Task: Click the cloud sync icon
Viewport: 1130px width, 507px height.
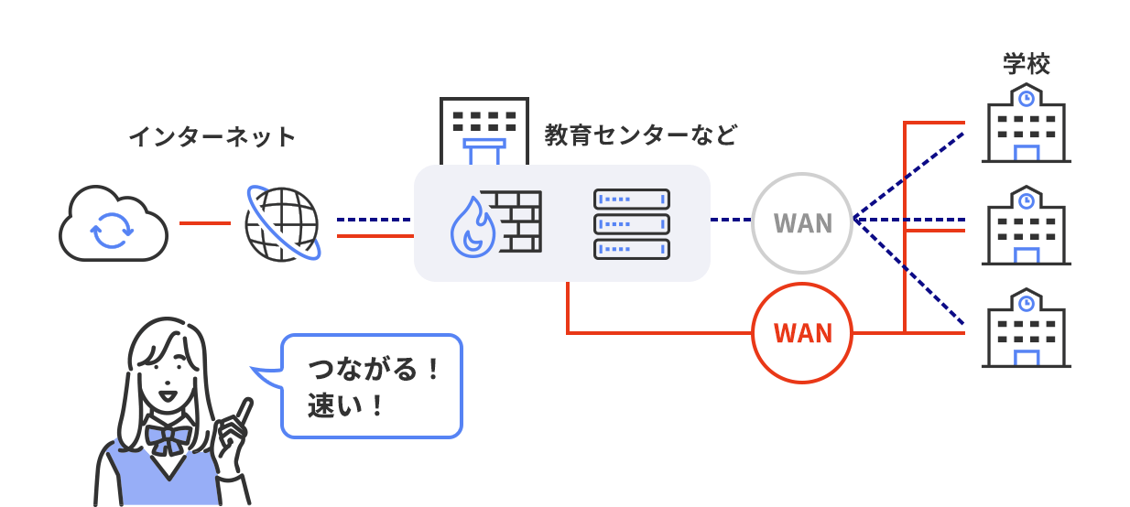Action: (x=113, y=224)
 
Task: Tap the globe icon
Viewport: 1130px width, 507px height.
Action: (x=283, y=224)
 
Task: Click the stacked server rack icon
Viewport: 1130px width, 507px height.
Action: (x=632, y=222)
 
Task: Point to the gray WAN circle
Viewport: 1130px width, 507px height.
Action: (x=802, y=223)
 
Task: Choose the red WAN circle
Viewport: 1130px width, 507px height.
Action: (x=802, y=332)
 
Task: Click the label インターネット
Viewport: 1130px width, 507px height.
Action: (x=212, y=137)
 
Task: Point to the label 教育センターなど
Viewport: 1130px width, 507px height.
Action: (x=640, y=135)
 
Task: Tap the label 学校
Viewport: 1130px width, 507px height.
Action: (x=1027, y=64)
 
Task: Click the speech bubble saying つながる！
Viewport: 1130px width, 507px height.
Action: (x=371, y=385)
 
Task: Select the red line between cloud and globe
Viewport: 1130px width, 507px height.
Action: (x=204, y=222)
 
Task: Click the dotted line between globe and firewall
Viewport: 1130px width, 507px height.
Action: (x=375, y=220)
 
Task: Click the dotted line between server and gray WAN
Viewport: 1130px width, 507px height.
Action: (x=731, y=220)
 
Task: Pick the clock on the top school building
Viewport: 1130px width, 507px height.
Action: (x=1027, y=95)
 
